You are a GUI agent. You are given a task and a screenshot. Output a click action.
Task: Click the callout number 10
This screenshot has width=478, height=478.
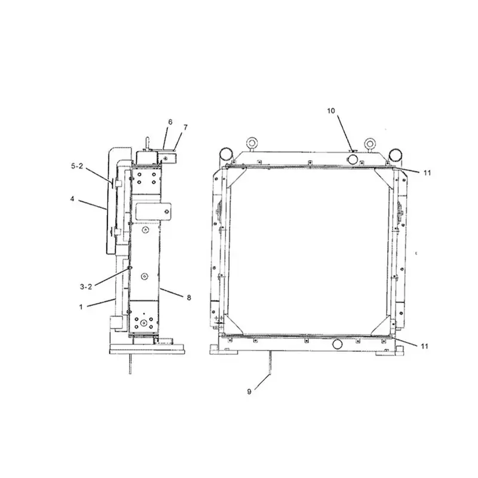pyautogui.click(x=332, y=111)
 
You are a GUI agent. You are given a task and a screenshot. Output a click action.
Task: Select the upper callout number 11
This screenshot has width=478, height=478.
pyautogui.click(x=426, y=173)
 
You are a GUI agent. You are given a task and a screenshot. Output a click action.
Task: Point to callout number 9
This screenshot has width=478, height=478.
pyautogui.click(x=250, y=391)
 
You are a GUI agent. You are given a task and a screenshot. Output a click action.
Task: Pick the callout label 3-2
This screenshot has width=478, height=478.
pyautogui.click(x=86, y=287)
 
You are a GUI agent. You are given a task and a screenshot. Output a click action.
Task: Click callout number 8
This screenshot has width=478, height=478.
pyautogui.click(x=189, y=297)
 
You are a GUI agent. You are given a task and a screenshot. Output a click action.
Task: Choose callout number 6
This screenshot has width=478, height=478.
pyautogui.click(x=170, y=122)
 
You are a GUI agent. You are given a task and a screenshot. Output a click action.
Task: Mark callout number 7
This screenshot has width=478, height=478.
pyautogui.click(x=185, y=127)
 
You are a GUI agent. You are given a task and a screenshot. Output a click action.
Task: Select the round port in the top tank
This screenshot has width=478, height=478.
pyautogui.click(x=352, y=158)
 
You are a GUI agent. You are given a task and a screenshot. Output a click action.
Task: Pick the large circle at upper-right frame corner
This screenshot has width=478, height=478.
pyautogui.click(x=396, y=154)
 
